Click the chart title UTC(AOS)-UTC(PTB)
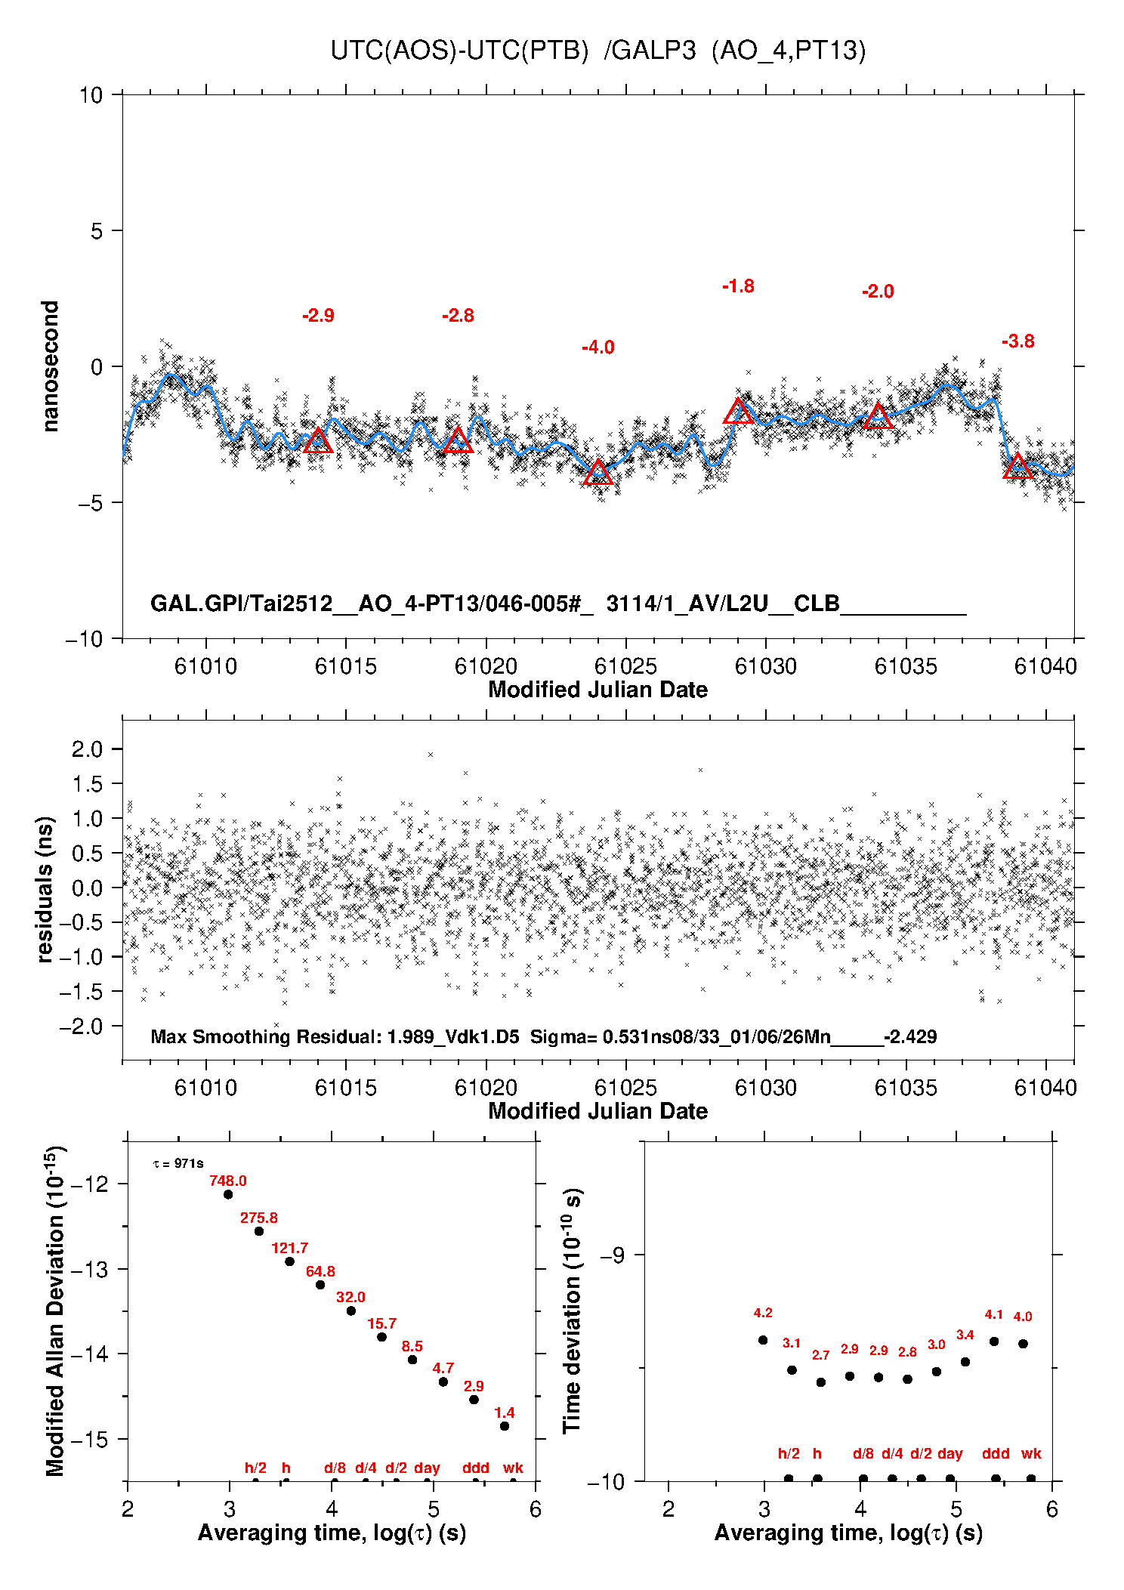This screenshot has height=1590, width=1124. tap(459, 51)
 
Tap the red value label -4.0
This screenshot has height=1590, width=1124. tap(598, 347)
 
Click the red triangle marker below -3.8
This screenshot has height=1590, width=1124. tap(1018, 467)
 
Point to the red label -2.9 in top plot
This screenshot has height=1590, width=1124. tap(318, 316)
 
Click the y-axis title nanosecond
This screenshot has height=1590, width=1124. tap(50, 366)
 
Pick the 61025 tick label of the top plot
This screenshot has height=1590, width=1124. tap(625, 666)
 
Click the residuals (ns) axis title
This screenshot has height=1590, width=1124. tap(45, 889)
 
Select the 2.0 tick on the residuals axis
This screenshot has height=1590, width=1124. tap(87, 749)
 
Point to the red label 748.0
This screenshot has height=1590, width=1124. tap(228, 1181)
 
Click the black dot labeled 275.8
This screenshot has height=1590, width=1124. tap(259, 1231)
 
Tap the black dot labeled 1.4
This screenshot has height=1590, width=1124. tap(505, 1426)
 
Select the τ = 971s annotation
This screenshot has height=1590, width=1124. tap(178, 1163)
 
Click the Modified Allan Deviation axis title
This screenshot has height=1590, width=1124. tap(55, 1311)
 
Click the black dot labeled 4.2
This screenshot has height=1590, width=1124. tap(763, 1340)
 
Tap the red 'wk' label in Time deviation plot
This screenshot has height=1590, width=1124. tap(1031, 1453)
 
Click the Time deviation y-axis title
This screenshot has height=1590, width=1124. tap(572, 1311)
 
